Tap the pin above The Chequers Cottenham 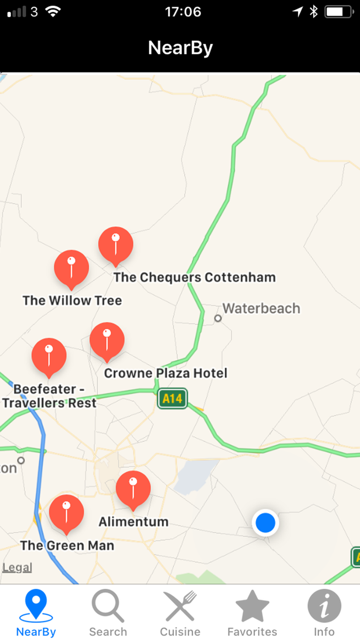[116, 244]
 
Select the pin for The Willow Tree [71, 268]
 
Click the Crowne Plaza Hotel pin [107, 340]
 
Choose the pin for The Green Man [66, 512]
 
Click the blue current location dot [265, 523]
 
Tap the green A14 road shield [172, 398]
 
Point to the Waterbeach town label [261, 309]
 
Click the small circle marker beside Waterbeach [218, 318]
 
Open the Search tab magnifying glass [108, 607]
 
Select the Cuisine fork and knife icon [180, 607]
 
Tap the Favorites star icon [252, 607]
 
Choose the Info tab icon [324, 606]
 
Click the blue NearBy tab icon [36, 607]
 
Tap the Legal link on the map [17, 567]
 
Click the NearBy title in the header [180, 48]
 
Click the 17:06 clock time [183, 12]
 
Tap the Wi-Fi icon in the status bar [53, 11]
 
